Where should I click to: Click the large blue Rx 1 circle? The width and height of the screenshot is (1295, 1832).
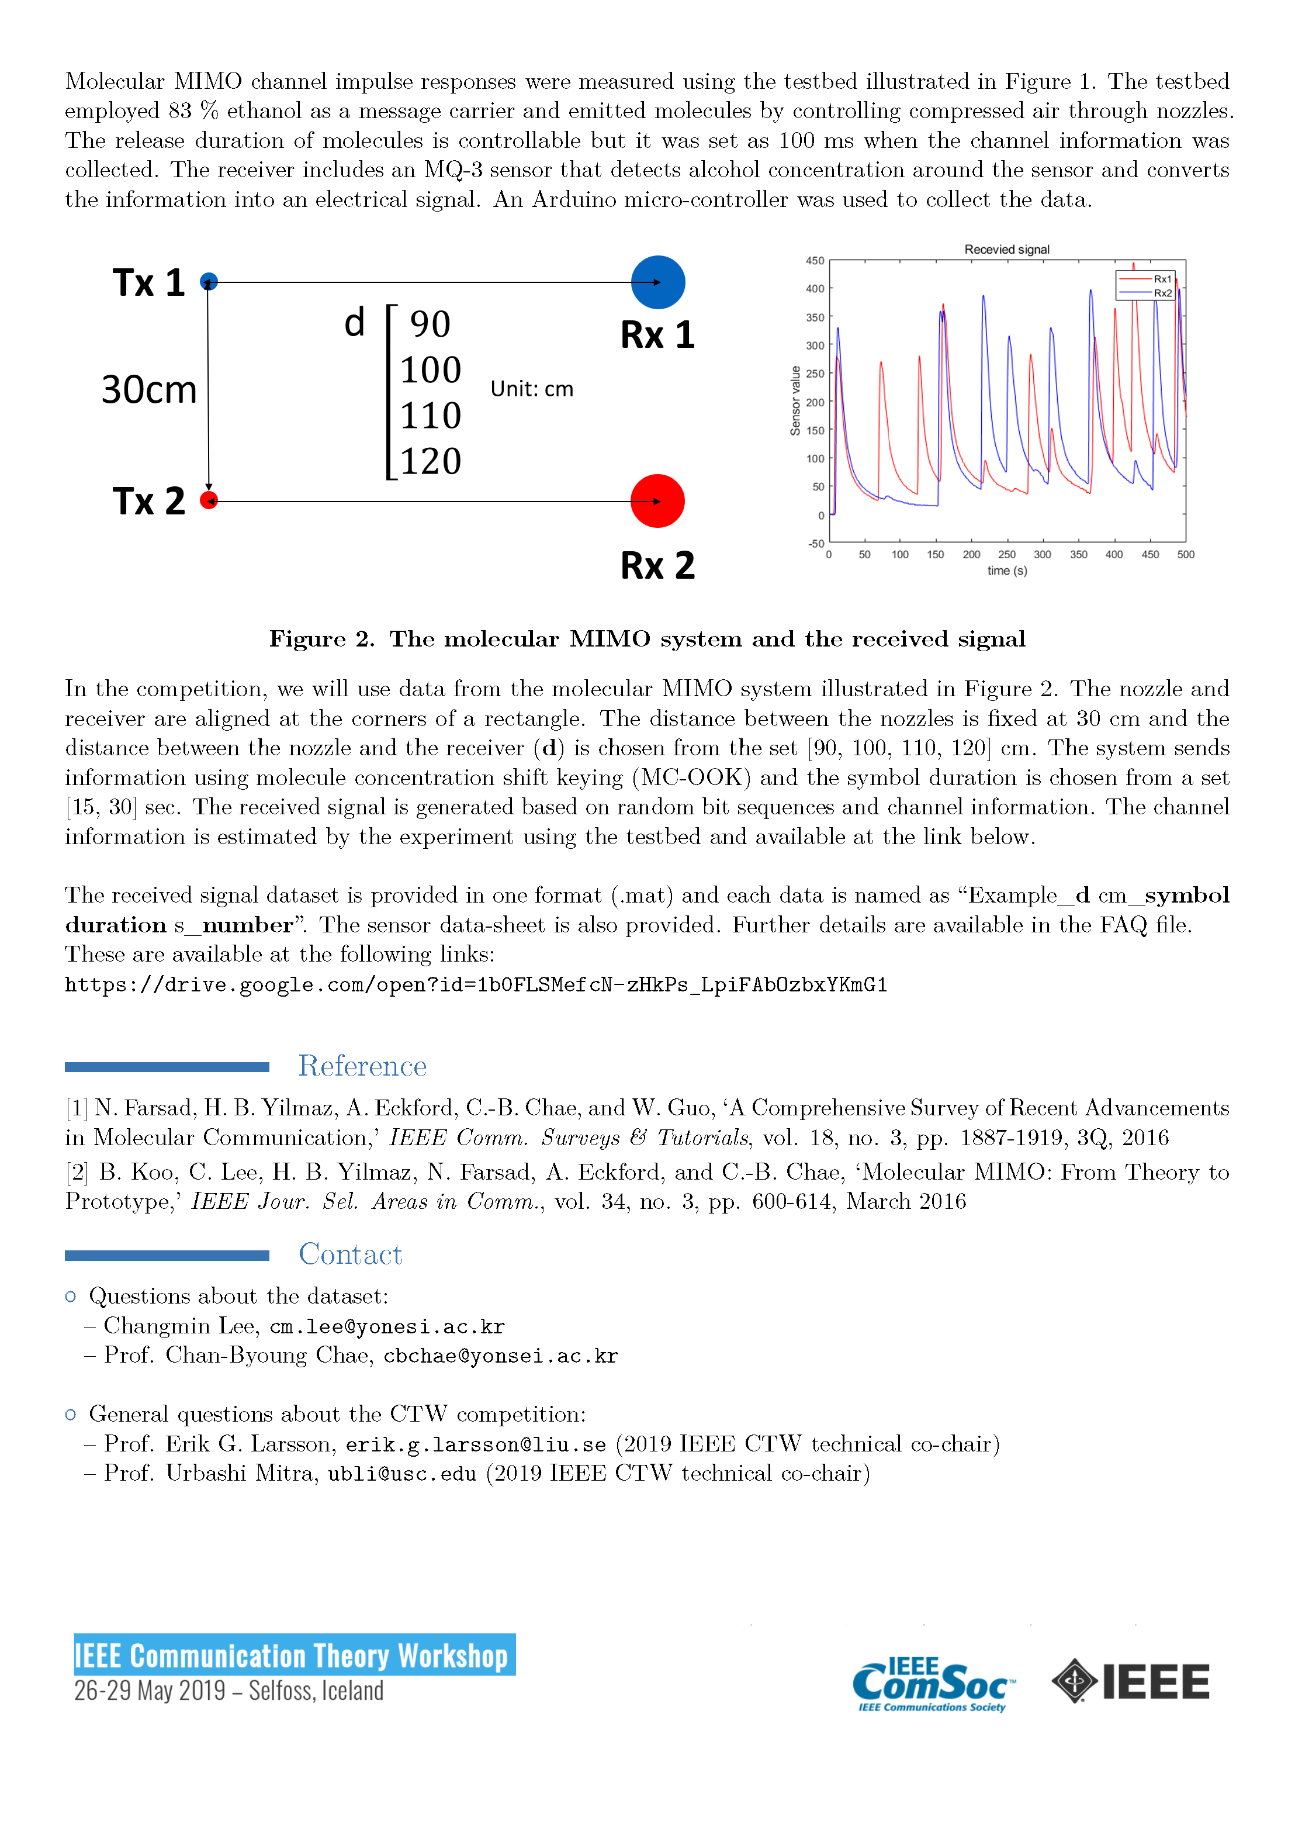coord(657,282)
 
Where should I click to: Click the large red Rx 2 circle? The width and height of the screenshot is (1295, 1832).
coord(657,501)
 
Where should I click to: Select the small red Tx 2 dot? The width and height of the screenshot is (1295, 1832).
coord(209,500)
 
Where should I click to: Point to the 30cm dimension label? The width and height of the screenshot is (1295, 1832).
coord(148,390)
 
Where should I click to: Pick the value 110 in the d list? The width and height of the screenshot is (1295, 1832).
coord(431,416)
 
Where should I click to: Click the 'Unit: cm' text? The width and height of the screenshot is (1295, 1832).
coord(531,389)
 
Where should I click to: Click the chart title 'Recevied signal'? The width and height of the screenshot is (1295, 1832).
coord(1007,250)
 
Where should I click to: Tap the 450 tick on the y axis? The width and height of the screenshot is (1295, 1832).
coord(815,261)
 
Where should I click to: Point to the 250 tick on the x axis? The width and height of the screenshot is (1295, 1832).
coord(1007,555)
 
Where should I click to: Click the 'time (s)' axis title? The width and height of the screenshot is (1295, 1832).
coord(1007,571)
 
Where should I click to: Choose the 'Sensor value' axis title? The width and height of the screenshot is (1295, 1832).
coord(795,400)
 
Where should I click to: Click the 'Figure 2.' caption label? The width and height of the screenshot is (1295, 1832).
coord(321,639)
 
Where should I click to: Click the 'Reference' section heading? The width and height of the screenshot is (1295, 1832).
coord(362,1066)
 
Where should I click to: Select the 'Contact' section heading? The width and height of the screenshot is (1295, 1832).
coord(350,1254)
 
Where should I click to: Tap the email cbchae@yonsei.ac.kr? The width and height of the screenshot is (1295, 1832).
coord(500,1356)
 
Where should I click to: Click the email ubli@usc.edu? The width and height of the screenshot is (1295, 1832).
coord(401,1474)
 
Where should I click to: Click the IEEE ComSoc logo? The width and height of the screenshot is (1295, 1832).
coord(933,1684)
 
